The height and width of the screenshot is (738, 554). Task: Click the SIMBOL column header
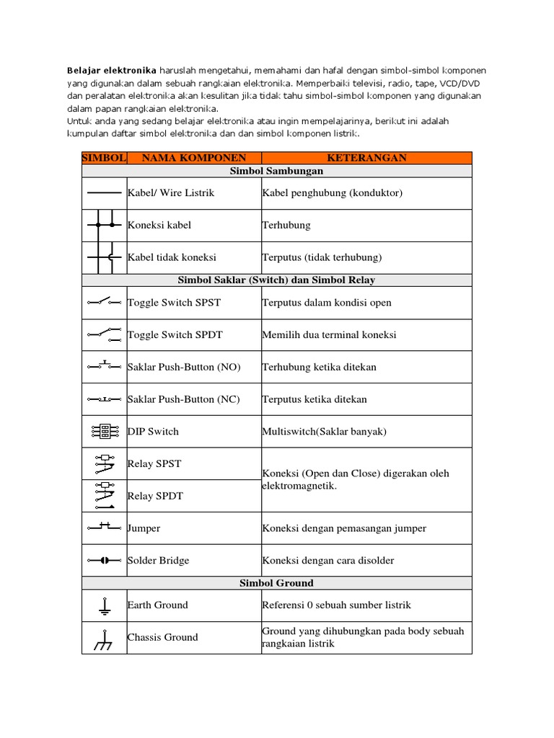pos(105,158)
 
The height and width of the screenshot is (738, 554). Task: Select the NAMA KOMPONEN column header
pos(194,158)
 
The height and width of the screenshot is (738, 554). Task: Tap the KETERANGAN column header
pos(366,158)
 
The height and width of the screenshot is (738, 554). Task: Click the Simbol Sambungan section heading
pos(276,172)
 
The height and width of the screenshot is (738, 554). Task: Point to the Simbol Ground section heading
pos(276,582)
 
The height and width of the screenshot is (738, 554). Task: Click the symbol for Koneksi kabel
pos(104,226)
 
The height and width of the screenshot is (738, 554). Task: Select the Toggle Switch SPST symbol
pos(104,303)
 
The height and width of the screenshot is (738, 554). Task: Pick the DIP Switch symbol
pos(104,432)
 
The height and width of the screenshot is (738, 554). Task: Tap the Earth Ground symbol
pos(104,605)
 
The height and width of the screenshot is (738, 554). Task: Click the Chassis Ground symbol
pos(104,638)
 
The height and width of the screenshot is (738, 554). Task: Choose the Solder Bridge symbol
pos(104,560)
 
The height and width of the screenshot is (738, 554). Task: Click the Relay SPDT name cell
pos(155,496)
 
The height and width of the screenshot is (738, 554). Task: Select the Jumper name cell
pos(144,528)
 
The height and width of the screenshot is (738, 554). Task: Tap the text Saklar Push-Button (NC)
pos(183,399)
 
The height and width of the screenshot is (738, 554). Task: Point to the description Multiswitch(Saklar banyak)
pos(325,432)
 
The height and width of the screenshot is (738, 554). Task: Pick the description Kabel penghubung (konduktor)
pos(333,193)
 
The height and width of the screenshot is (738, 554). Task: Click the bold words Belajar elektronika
pos(111,71)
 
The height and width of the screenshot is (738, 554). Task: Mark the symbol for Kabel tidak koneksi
pos(104,257)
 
